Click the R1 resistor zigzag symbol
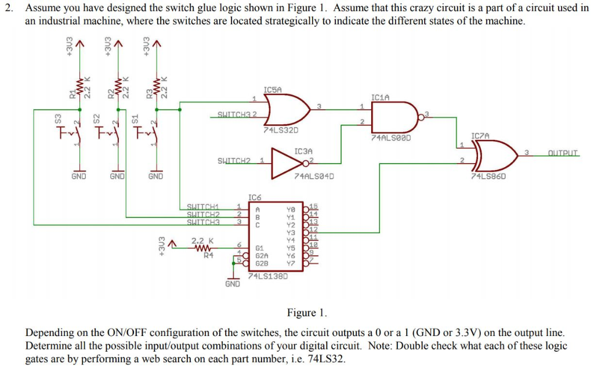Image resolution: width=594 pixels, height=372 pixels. [79, 89]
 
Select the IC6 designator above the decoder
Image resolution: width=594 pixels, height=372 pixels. [256, 198]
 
